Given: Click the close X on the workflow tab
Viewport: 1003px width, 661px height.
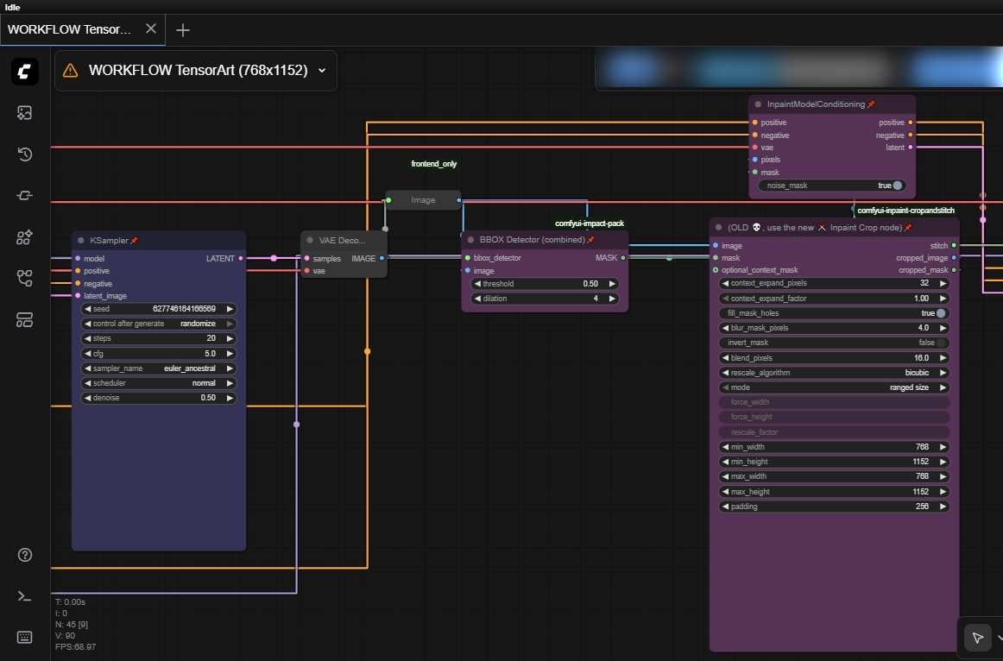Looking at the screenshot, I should coord(151,28).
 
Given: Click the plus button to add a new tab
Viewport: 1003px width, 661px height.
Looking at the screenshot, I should coord(182,29).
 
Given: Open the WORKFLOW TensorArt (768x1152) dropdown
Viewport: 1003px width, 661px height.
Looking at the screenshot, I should coord(322,71).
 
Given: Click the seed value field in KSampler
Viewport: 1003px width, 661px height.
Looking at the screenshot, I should coord(159,309).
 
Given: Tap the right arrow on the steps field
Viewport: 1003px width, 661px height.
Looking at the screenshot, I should coord(230,338).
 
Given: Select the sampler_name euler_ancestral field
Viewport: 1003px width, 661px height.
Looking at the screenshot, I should coord(159,368).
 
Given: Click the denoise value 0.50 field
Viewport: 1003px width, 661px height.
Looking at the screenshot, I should coord(159,398).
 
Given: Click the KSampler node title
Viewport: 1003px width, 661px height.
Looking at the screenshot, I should coord(108,240).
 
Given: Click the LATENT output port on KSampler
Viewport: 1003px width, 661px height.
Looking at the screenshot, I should coord(241,258).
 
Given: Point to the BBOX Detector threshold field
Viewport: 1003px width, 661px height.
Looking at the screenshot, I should coord(545,283).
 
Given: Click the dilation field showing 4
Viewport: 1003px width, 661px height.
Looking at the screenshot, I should coord(545,299).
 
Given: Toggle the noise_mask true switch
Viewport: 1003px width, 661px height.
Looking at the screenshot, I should coord(898,186).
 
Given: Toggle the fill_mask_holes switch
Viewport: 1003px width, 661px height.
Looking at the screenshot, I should coord(940,313).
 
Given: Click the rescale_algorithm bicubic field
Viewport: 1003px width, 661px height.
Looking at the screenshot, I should coord(834,373).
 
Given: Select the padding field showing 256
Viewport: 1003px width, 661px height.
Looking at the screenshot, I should coord(834,507).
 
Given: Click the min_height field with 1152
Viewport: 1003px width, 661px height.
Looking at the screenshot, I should coord(834,462).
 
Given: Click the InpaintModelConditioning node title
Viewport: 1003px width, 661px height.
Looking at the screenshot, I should coord(815,104).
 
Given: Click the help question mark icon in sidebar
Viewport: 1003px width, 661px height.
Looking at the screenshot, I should coord(24,555).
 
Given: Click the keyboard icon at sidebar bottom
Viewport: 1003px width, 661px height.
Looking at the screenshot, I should coord(24,638).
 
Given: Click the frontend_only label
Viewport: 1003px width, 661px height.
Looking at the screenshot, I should coord(433,164).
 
